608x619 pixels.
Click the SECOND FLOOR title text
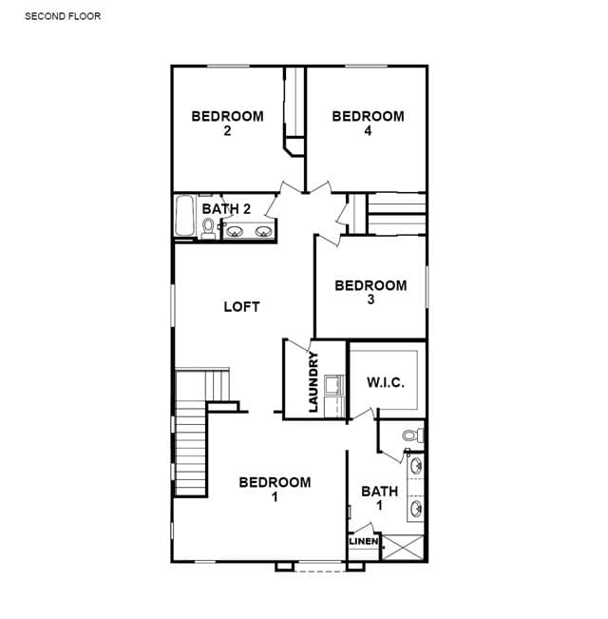[x=63, y=16]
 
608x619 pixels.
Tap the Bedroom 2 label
[x=227, y=124]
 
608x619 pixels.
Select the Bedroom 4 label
[x=369, y=124]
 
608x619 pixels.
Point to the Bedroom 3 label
[x=370, y=293]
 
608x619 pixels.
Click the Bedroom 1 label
[x=275, y=489]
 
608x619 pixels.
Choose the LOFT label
[x=241, y=307]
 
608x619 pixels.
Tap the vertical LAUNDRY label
[x=313, y=381]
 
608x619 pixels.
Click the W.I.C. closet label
[x=386, y=382]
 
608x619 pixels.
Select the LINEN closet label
[x=364, y=541]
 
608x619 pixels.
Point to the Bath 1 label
[x=380, y=498]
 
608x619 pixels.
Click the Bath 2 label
[x=226, y=209]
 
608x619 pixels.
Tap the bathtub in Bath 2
[x=184, y=216]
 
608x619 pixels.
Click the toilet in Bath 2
[x=208, y=229]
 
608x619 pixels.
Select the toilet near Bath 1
[x=413, y=435]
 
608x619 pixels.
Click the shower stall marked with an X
[x=403, y=547]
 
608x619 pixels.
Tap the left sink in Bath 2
[x=235, y=231]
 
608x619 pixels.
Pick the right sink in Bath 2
[x=263, y=231]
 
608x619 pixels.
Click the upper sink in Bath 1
[x=416, y=466]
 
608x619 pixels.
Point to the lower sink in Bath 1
[x=416, y=509]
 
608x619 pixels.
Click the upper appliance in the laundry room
[x=334, y=385]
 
